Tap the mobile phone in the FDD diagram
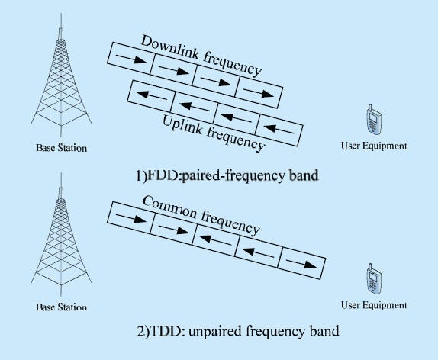374,121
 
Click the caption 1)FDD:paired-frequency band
227,175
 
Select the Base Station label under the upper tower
62,147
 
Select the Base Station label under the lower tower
62,307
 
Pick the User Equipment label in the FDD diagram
374,146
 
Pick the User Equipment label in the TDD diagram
374,305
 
